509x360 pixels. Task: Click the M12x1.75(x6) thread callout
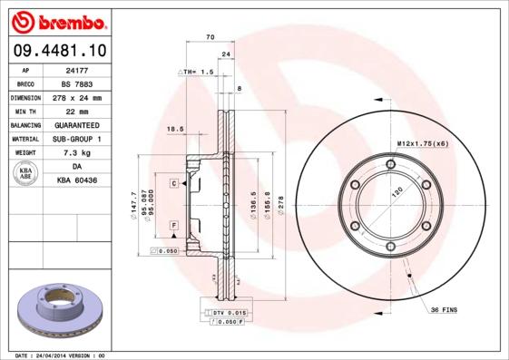(x=423, y=143)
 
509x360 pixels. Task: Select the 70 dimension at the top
(x=210, y=37)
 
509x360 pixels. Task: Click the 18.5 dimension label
(x=176, y=130)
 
